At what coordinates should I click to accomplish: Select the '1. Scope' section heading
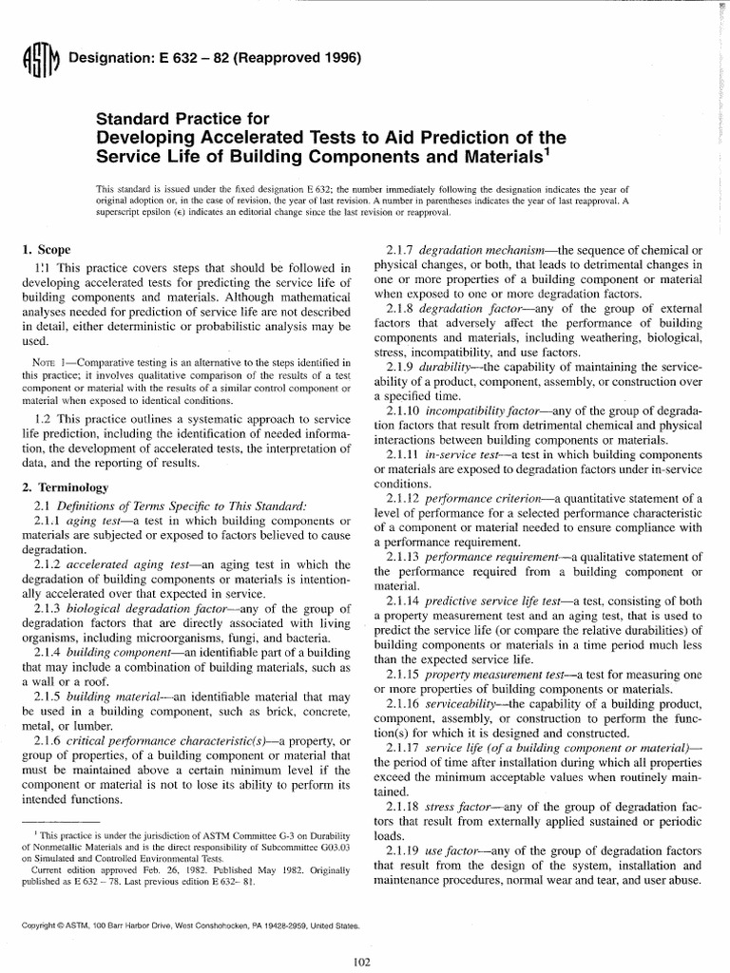(47, 249)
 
